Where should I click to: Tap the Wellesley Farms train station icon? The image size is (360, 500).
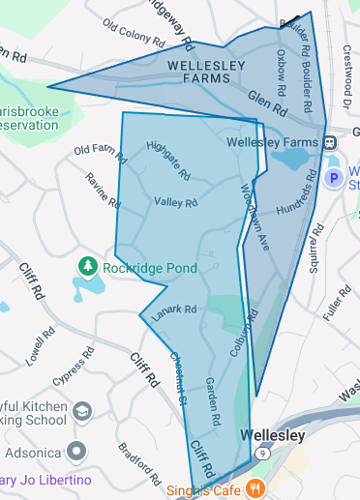330,141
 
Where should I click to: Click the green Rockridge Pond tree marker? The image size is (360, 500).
87,265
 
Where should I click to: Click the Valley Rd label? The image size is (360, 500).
175,202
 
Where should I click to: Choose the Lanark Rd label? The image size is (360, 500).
176,309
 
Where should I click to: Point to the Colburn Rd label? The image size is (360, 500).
244,333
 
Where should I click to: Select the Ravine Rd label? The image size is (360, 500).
103,191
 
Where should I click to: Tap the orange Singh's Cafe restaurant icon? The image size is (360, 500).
255,486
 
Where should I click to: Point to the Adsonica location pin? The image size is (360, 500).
75,452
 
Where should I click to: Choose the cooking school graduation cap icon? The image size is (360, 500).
82,413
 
